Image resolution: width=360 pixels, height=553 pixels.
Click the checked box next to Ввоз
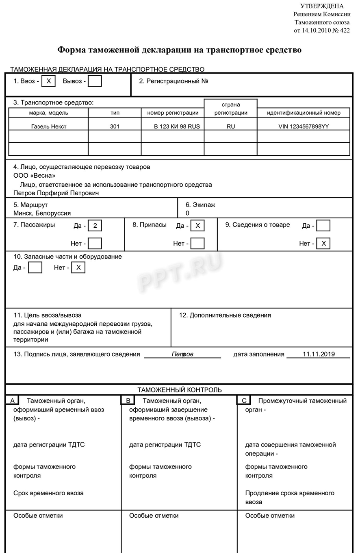(x=48, y=81)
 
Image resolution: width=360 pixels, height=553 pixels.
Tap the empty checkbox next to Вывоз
(x=95, y=81)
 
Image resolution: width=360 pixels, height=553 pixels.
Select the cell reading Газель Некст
(x=49, y=126)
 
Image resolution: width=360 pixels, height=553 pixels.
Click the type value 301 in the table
(x=115, y=126)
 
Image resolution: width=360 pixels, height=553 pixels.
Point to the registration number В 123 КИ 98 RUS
(x=177, y=126)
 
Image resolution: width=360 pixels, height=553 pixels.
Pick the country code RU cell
(x=231, y=126)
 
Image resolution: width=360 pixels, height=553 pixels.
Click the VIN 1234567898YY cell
(x=304, y=126)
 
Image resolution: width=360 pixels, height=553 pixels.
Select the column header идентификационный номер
(x=304, y=113)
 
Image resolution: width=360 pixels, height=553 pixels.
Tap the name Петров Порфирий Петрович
(x=56, y=193)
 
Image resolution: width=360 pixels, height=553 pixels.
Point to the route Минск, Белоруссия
(x=42, y=213)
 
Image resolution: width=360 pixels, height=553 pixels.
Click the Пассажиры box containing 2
(x=95, y=225)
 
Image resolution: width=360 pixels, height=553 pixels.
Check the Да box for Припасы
(x=197, y=225)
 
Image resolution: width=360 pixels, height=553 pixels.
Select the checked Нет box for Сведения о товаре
(x=323, y=243)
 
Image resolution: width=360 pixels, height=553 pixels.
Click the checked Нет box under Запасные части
(x=78, y=268)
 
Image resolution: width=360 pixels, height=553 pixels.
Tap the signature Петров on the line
(x=182, y=354)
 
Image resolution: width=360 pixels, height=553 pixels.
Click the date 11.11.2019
(x=319, y=354)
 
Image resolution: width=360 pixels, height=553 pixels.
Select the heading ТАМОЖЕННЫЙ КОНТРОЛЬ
(x=180, y=390)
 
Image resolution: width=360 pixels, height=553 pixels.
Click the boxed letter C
(x=244, y=401)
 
